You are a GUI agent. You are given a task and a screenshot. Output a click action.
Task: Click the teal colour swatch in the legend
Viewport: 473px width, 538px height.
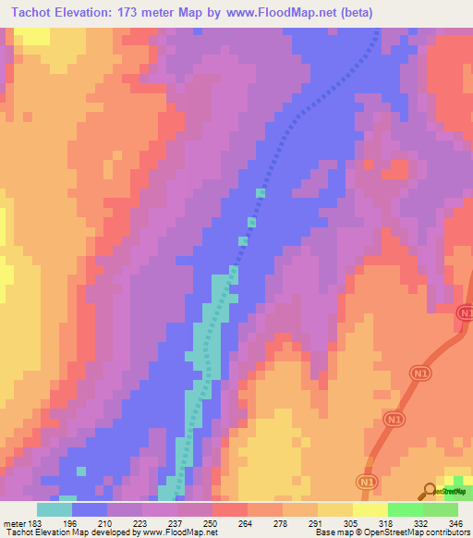(55, 509)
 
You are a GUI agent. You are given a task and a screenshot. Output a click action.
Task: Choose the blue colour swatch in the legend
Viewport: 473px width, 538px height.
(90, 509)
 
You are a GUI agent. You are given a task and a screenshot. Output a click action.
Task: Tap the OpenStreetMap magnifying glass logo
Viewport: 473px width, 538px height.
(430, 490)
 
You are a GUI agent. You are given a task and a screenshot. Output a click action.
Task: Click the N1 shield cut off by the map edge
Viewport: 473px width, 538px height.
(465, 315)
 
